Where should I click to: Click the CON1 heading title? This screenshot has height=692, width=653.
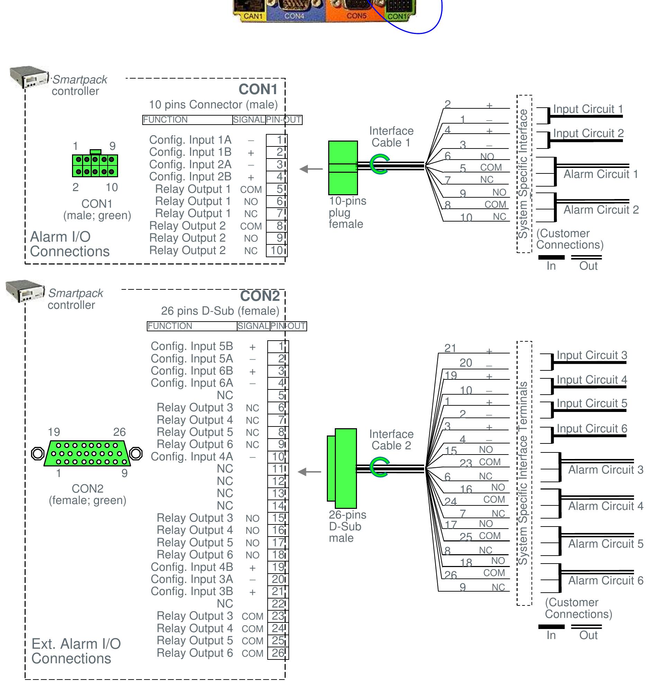point(258,89)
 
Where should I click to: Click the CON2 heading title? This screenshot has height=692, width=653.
point(260,296)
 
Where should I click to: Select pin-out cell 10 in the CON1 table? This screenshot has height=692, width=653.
point(277,250)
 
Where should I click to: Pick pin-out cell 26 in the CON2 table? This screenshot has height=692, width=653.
point(278,653)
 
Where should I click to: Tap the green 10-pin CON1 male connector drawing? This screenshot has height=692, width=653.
point(95,166)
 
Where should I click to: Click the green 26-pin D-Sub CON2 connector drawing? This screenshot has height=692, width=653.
point(87,453)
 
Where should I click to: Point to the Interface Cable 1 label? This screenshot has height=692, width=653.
point(391,137)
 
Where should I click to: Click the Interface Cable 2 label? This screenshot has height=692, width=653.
point(391,440)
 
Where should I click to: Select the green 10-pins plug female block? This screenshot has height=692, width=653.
point(343,168)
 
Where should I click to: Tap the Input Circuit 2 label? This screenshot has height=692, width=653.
point(588,133)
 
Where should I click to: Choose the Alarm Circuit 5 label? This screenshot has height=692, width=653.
point(606,544)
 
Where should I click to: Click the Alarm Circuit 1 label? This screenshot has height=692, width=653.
point(600,174)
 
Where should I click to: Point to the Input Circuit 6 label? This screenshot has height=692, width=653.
point(592,429)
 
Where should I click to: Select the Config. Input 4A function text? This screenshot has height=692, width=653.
point(192,456)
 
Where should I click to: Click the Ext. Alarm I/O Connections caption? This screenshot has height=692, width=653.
point(76,651)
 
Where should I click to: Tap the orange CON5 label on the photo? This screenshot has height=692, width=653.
point(356,16)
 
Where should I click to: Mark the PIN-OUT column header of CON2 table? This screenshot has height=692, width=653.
point(288,326)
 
